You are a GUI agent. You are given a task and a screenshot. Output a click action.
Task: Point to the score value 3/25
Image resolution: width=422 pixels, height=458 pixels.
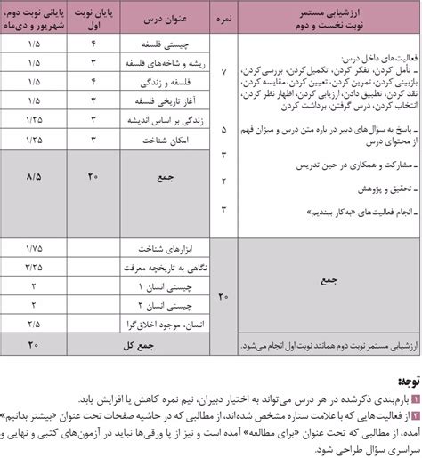pyautogui.click(x=34, y=266)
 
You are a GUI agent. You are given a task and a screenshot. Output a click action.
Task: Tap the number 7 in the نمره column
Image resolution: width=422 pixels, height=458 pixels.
pyautogui.click(x=223, y=71)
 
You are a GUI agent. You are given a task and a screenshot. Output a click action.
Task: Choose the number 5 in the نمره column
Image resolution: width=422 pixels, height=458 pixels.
pyautogui.click(x=223, y=128)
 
